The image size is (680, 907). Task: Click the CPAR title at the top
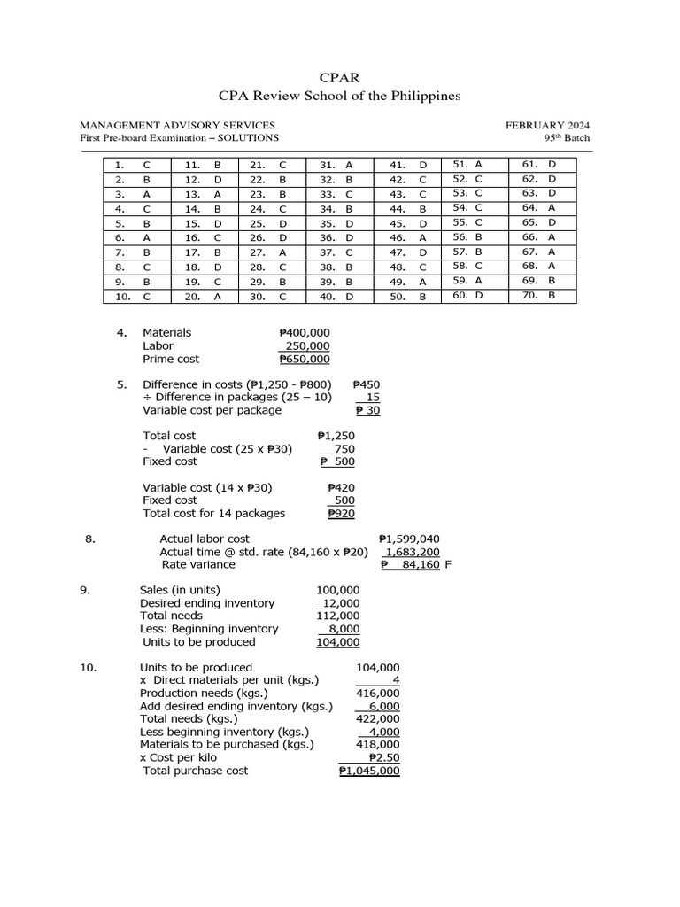pos(340,77)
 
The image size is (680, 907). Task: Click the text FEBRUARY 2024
pos(548,125)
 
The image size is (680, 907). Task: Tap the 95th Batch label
pos(567,137)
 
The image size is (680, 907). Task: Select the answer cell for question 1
pos(147,165)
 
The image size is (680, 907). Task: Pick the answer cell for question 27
pos(282,252)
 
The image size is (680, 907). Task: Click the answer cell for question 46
pos(422,237)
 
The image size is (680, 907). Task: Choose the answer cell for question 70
pos(551,295)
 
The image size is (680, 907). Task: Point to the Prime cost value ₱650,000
pos(305,359)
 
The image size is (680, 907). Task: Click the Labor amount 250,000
pos(307,345)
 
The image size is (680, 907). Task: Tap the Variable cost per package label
pos(212,410)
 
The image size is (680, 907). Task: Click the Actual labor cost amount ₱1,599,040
pos(409,539)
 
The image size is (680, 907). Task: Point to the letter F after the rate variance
pos(448,564)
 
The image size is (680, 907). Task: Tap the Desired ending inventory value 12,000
pos(341,603)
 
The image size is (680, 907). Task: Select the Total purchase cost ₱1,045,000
pos(369,771)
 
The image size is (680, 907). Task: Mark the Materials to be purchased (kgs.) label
pos(227,745)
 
